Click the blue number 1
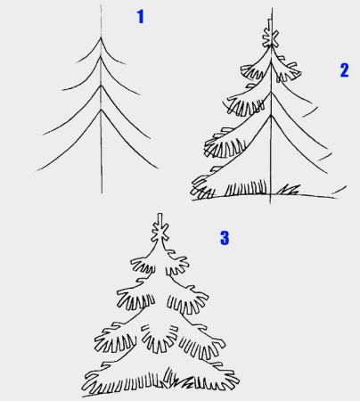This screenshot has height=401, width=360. click(141, 16)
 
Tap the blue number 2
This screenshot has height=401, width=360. click(344, 70)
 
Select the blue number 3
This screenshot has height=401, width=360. click(225, 238)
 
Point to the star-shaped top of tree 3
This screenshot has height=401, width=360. click(160, 230)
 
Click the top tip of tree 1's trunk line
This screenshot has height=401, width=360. click(101, 4)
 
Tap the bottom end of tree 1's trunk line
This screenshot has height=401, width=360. click(102, 193)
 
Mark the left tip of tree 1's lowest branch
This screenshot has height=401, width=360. click(36, 171)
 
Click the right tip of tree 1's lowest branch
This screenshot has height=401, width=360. click(158, 168)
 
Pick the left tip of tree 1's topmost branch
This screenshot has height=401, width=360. click(77, 63)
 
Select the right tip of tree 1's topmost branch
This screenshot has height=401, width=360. click(126, 64)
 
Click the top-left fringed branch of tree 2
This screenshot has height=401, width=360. click(252, 72)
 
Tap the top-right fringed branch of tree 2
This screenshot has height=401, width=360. click(287, 70)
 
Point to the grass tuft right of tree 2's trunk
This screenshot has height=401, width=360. click(288, 190)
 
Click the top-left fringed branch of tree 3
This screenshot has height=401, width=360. click(143, 266)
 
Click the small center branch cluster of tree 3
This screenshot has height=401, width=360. click(160, 338)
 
